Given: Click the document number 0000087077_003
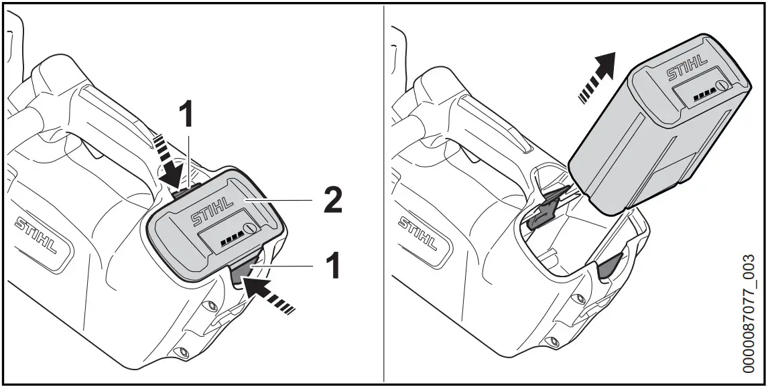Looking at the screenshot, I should pyautogui.click(x=749, y=313).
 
